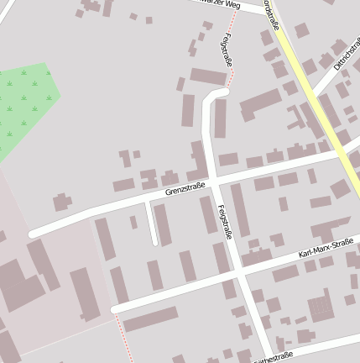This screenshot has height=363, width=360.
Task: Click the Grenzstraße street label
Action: coord(185,192)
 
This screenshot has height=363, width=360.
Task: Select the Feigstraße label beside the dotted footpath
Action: coord(227,50)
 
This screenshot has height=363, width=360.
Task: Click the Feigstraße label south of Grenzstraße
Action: coord(224,223)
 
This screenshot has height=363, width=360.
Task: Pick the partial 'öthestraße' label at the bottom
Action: coord(274,356)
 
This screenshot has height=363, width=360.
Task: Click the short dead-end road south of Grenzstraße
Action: coord(152,224)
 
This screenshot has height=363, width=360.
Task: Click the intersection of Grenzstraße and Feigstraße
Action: coord(214,182)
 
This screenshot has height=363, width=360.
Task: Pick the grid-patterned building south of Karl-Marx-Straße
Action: coord(321,308)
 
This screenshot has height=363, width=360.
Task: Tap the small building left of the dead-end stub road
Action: coord(133,222)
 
